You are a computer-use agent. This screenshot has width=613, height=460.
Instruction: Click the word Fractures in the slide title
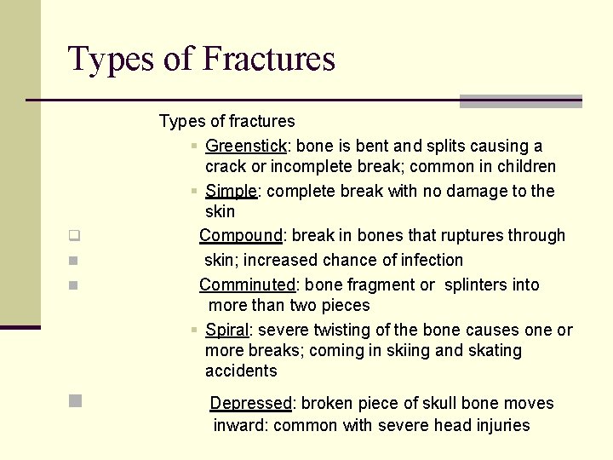(x=269, y=59)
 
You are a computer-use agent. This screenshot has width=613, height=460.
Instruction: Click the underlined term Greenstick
(x=246, y=147)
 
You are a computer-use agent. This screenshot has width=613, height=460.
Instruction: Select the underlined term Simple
(x=231, y=191)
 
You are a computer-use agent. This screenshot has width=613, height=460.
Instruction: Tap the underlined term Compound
(x=240, y=235)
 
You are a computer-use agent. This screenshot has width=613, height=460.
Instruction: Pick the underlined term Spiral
(x=226, y=330)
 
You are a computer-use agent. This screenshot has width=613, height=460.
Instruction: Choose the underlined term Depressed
(x=250, y=403)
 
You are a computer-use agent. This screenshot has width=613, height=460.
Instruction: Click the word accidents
(x=241, y=371)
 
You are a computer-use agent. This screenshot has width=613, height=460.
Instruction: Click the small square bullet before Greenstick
(x=195, y=147)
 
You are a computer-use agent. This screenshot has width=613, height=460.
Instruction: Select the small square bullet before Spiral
(x=195, y=330)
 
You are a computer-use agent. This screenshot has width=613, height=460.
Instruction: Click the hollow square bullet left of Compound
(x=74, y=236)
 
